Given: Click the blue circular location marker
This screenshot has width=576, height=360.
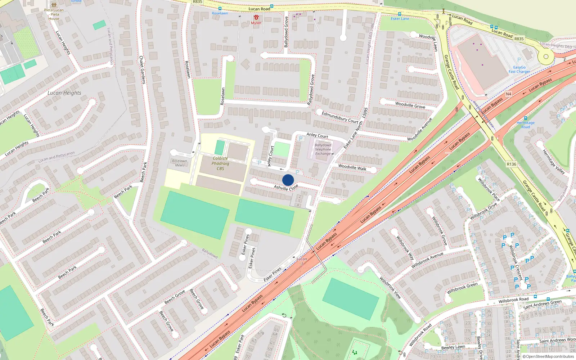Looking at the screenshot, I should point(288,180).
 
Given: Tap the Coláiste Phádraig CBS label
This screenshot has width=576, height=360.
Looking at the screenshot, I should point(220,163).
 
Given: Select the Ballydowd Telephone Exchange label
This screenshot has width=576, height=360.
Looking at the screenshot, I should point(323,149).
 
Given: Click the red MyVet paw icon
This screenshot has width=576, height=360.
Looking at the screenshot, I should point(256,17).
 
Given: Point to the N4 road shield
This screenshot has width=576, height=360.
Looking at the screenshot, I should point(508,94).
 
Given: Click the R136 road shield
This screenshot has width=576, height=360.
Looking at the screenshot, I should point(511,164).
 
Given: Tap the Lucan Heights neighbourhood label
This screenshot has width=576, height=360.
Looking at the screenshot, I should point(64,93).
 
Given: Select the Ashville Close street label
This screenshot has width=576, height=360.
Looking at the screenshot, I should point(286,188).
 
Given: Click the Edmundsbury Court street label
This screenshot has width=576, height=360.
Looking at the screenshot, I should point(340,117).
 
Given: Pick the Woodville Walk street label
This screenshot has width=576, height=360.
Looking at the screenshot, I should point(352,167).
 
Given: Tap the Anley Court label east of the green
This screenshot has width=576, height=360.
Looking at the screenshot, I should point(317,136).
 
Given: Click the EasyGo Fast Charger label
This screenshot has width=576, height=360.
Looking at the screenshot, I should point(519,69).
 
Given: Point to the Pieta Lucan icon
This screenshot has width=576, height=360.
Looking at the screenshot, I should point(54,5).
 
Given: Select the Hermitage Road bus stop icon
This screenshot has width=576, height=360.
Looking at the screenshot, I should point(526,118).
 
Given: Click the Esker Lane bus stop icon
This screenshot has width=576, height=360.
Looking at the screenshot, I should point(400,14).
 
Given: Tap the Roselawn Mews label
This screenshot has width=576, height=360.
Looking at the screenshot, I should point(179,163).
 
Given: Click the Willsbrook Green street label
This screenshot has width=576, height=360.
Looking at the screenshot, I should point(462,288).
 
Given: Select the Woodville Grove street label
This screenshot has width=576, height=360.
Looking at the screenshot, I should point(410,105).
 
